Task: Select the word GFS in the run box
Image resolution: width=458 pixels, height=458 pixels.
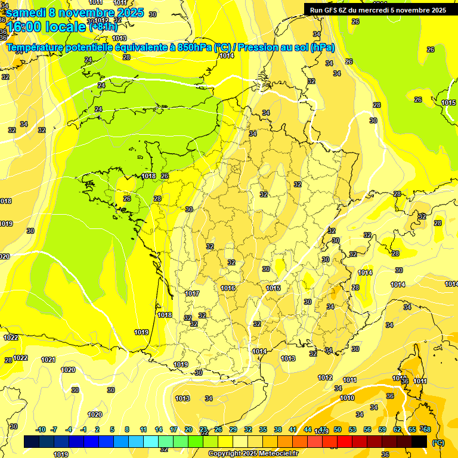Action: (x=331, y=10)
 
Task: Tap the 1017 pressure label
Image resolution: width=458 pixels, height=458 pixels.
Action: (x=192, y=293)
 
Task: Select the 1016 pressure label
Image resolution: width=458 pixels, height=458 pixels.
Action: (x=228, y=288)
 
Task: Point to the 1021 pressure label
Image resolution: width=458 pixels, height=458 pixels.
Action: (x=48, y=360)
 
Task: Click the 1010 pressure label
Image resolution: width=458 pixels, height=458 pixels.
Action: (x=347, y=398)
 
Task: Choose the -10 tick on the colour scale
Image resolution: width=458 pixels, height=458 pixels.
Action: (x=41, y=430)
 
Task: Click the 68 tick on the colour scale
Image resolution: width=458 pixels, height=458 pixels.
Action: (x=426, y=430)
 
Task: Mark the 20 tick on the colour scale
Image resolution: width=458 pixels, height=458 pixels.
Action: (x=188, y=430)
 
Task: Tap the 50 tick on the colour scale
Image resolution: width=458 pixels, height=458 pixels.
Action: (x=338, y=430)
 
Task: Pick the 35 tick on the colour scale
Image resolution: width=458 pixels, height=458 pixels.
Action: (x=263, y=430)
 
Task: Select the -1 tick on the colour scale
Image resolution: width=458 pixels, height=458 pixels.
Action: (x=84, y=430)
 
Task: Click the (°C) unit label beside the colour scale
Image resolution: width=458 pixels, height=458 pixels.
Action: (x=438, y=442)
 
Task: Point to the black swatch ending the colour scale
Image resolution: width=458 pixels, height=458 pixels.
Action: (x=419, y=442)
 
